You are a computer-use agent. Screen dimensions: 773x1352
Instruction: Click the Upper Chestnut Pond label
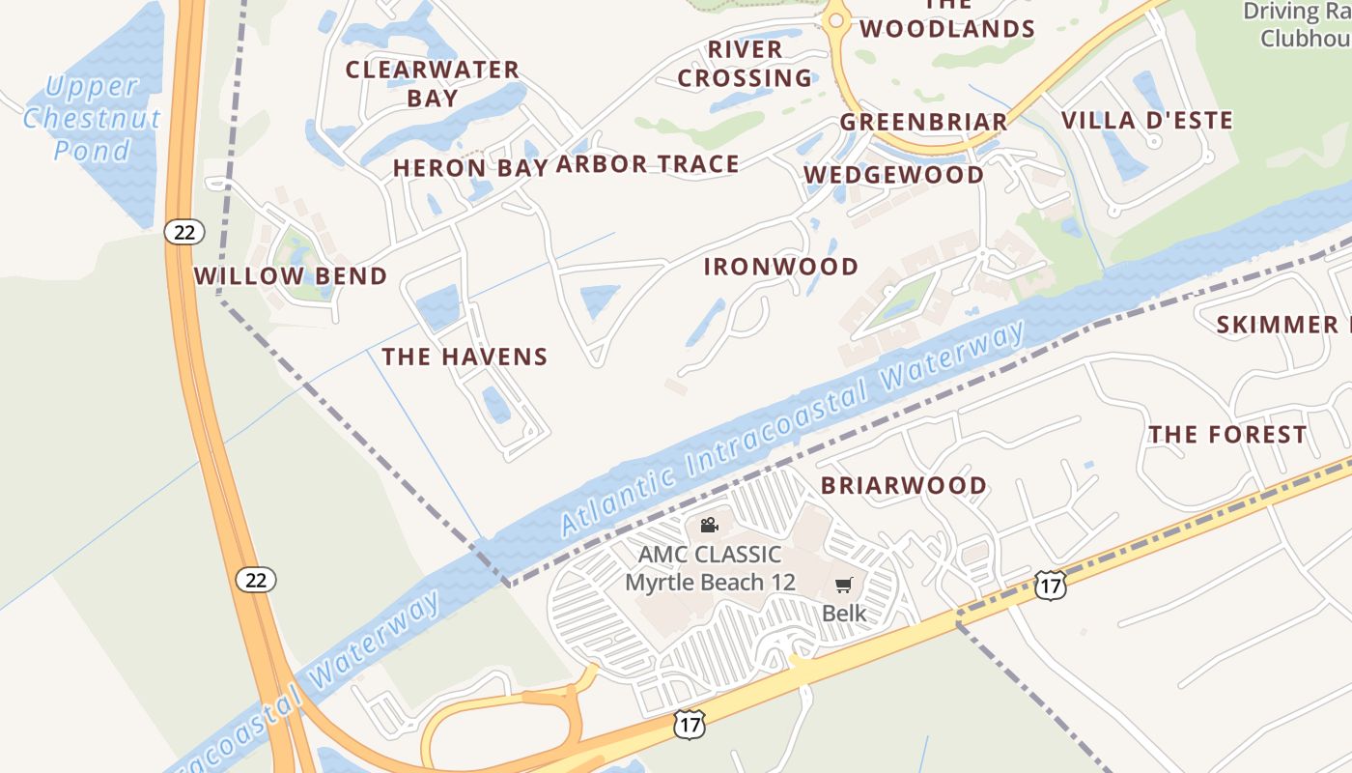(x=92, y=118)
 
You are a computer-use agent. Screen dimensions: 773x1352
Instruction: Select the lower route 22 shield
(x=255, y=580)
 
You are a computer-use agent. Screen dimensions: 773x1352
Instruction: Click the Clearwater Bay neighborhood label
(x=433, y=83)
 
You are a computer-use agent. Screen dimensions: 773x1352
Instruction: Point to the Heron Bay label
(x=471, y=167)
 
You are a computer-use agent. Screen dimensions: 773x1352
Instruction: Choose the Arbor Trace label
(x=647, y=164)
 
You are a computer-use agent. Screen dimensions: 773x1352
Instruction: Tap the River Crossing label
(x=745, y=63)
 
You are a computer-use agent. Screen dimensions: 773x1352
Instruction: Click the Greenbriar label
(x=923, y=122)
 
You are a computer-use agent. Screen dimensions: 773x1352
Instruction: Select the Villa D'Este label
(x=1147, y=121)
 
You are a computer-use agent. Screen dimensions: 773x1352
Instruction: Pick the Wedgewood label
(x=893, y=175)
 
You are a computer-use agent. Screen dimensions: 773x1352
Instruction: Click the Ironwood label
(x=780, y=267)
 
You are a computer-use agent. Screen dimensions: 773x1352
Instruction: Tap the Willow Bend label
(x=290, y=276)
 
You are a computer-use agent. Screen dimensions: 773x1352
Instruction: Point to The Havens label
(x=465, y=357)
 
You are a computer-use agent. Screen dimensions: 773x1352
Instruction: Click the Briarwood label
(x=903, y=485)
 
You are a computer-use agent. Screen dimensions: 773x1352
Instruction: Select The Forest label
(x=1227, y=435)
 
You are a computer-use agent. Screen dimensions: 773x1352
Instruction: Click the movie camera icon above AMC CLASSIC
(x=709, y=525)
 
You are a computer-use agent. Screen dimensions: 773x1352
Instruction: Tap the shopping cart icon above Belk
(x=843, y=585)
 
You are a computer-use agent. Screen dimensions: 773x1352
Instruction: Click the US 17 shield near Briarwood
(x=1050, y=584)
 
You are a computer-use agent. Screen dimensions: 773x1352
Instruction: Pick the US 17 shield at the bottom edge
(x=690, y=724)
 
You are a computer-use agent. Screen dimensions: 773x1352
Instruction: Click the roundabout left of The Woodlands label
(x=835, y=19)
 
